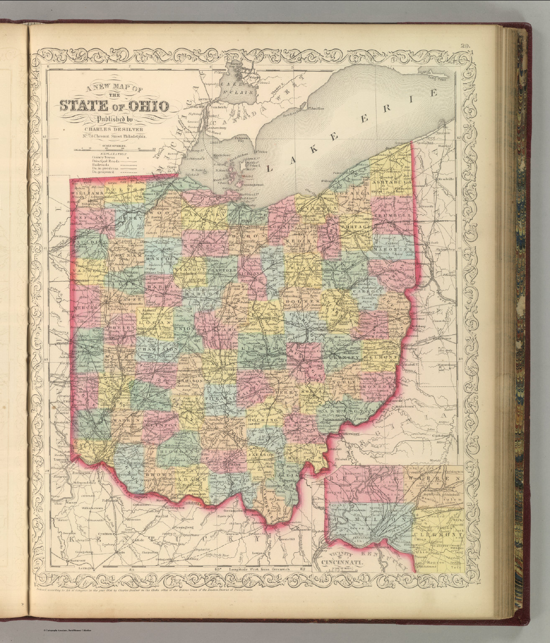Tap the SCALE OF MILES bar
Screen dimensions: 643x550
[x=114, y=149]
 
